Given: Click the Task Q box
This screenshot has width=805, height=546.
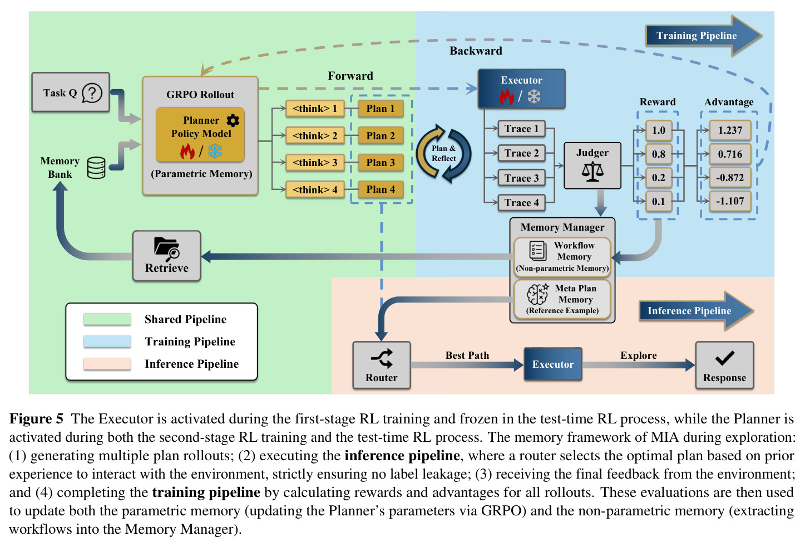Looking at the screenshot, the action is (71, 92).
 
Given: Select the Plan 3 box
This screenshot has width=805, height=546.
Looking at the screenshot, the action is (381, 163).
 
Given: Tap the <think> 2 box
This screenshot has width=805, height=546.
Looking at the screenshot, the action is (315, 136).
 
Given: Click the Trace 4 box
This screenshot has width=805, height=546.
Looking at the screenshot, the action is (521, 203).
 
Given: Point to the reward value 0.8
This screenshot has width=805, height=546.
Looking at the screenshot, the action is (659, 154).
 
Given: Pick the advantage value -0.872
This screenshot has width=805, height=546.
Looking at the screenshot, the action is (730, 178).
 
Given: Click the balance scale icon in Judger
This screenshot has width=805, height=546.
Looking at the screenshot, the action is (592, 172).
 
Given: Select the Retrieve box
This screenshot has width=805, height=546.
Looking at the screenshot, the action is (167, 256).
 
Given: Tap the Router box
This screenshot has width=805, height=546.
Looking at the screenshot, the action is (381, 365).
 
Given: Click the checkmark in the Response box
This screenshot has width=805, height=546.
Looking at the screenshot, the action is (724, 358).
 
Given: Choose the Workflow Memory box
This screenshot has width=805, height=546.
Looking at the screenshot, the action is (562, 257).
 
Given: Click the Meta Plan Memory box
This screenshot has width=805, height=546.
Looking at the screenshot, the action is (562, 299).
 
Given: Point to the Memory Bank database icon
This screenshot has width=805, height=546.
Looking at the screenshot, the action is (96, 168).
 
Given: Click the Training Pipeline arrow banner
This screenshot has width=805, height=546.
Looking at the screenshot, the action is (704, 36).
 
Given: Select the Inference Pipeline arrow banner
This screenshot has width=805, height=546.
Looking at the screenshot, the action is (696, 311).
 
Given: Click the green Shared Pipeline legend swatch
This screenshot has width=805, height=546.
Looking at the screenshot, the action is (107, 319).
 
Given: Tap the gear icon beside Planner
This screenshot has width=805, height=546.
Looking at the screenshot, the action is (233, 120).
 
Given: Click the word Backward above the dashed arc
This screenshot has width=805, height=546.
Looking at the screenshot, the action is (476, 51).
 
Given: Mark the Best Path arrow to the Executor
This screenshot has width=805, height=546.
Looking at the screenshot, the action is (467, 365).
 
